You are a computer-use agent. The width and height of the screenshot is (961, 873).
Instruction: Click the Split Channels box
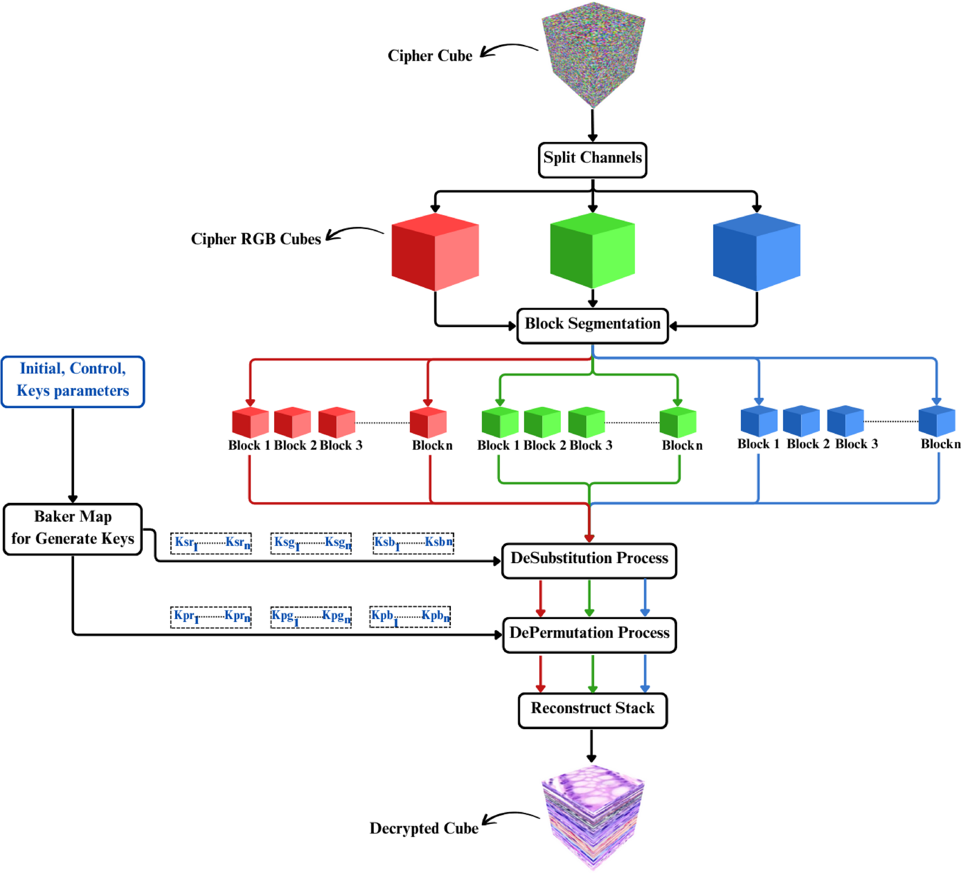[592, 160]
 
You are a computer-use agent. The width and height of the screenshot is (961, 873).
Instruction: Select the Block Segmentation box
[592, 326]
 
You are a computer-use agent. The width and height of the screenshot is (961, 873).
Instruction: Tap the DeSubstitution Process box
[589, 560]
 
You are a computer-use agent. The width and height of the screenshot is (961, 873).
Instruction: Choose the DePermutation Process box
[589, 634]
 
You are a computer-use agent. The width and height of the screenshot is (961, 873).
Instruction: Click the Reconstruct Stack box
[592, 710]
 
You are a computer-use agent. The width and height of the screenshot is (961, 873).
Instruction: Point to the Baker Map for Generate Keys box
[73, 529]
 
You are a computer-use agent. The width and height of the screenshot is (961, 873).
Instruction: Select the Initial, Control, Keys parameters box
[73, 381]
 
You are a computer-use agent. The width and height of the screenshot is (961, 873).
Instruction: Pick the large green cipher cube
[592, 251]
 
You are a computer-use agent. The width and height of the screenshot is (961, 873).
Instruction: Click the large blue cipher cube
[756, 252]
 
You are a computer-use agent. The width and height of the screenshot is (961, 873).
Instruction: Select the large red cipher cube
[435, 252]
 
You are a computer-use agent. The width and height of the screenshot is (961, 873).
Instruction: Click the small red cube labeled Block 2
[292, 422]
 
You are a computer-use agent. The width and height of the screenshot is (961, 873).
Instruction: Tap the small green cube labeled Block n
[677, 422]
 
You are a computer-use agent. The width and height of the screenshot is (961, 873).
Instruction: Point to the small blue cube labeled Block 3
[845, 421]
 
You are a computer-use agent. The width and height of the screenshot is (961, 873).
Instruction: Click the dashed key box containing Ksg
[311, 543]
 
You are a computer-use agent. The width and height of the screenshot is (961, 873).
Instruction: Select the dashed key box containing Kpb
[410, 616]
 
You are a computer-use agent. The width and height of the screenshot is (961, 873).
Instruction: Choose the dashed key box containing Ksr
[211, 543]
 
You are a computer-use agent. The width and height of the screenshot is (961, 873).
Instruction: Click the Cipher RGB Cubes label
[256, 239]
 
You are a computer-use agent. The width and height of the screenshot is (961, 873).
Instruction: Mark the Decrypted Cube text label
[424, 828]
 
